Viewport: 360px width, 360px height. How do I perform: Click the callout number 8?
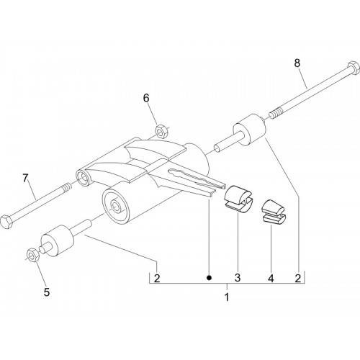pos(297,63)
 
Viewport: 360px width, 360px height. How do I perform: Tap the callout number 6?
pos(146,98)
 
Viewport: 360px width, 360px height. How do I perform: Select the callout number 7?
pos(25,179)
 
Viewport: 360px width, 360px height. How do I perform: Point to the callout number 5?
pos(47,292)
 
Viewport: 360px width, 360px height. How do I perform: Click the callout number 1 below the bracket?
pos(227,297)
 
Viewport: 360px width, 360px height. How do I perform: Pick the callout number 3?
pos(238,278)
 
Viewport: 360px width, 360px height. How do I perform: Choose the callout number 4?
pos(271,279)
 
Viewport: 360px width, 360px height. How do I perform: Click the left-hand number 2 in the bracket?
pos(157,279)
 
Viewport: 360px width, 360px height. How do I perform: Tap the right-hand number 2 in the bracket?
pos(298,279)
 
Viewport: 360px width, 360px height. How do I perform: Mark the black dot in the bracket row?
pos(210,278)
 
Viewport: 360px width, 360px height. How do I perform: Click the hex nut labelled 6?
pos(161,131)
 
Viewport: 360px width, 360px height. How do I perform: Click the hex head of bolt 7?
pos(6,222)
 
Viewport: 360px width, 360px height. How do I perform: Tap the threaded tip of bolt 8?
pos(276,113)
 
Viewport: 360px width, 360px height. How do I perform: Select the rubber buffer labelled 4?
pos(273,212)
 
